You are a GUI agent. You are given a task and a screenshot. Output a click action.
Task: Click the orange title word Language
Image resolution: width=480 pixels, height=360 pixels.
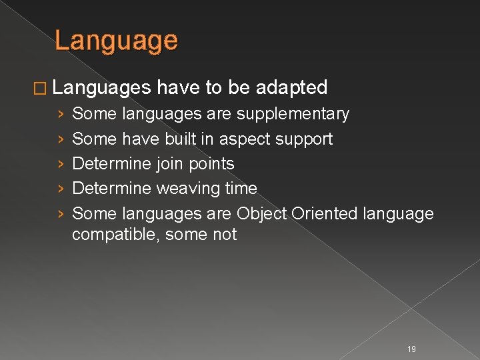[x=116, y=41]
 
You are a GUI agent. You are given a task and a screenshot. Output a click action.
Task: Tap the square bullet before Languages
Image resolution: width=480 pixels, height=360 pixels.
[x=41, y=88]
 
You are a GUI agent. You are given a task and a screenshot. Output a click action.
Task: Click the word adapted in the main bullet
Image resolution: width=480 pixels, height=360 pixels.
[x=292, y=87]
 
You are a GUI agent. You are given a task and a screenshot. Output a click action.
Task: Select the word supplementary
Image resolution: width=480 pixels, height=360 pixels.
[x=292, y=115]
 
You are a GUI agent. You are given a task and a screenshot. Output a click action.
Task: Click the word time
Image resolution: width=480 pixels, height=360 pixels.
[x=241, y=189]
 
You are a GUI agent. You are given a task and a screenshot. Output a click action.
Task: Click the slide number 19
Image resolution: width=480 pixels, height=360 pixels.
[x=411, y=349]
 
